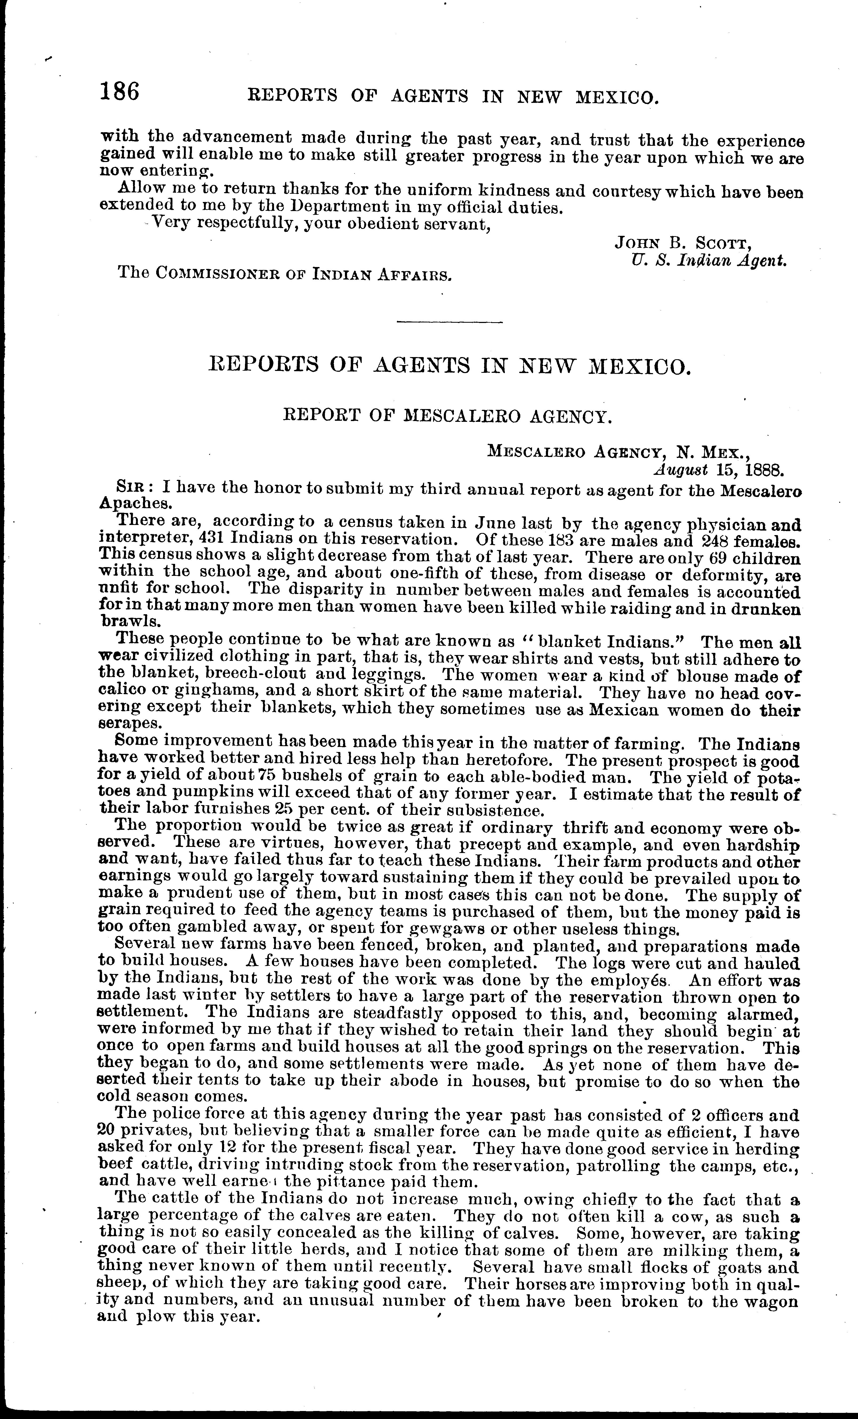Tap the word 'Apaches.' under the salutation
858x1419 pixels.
[136, 503]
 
